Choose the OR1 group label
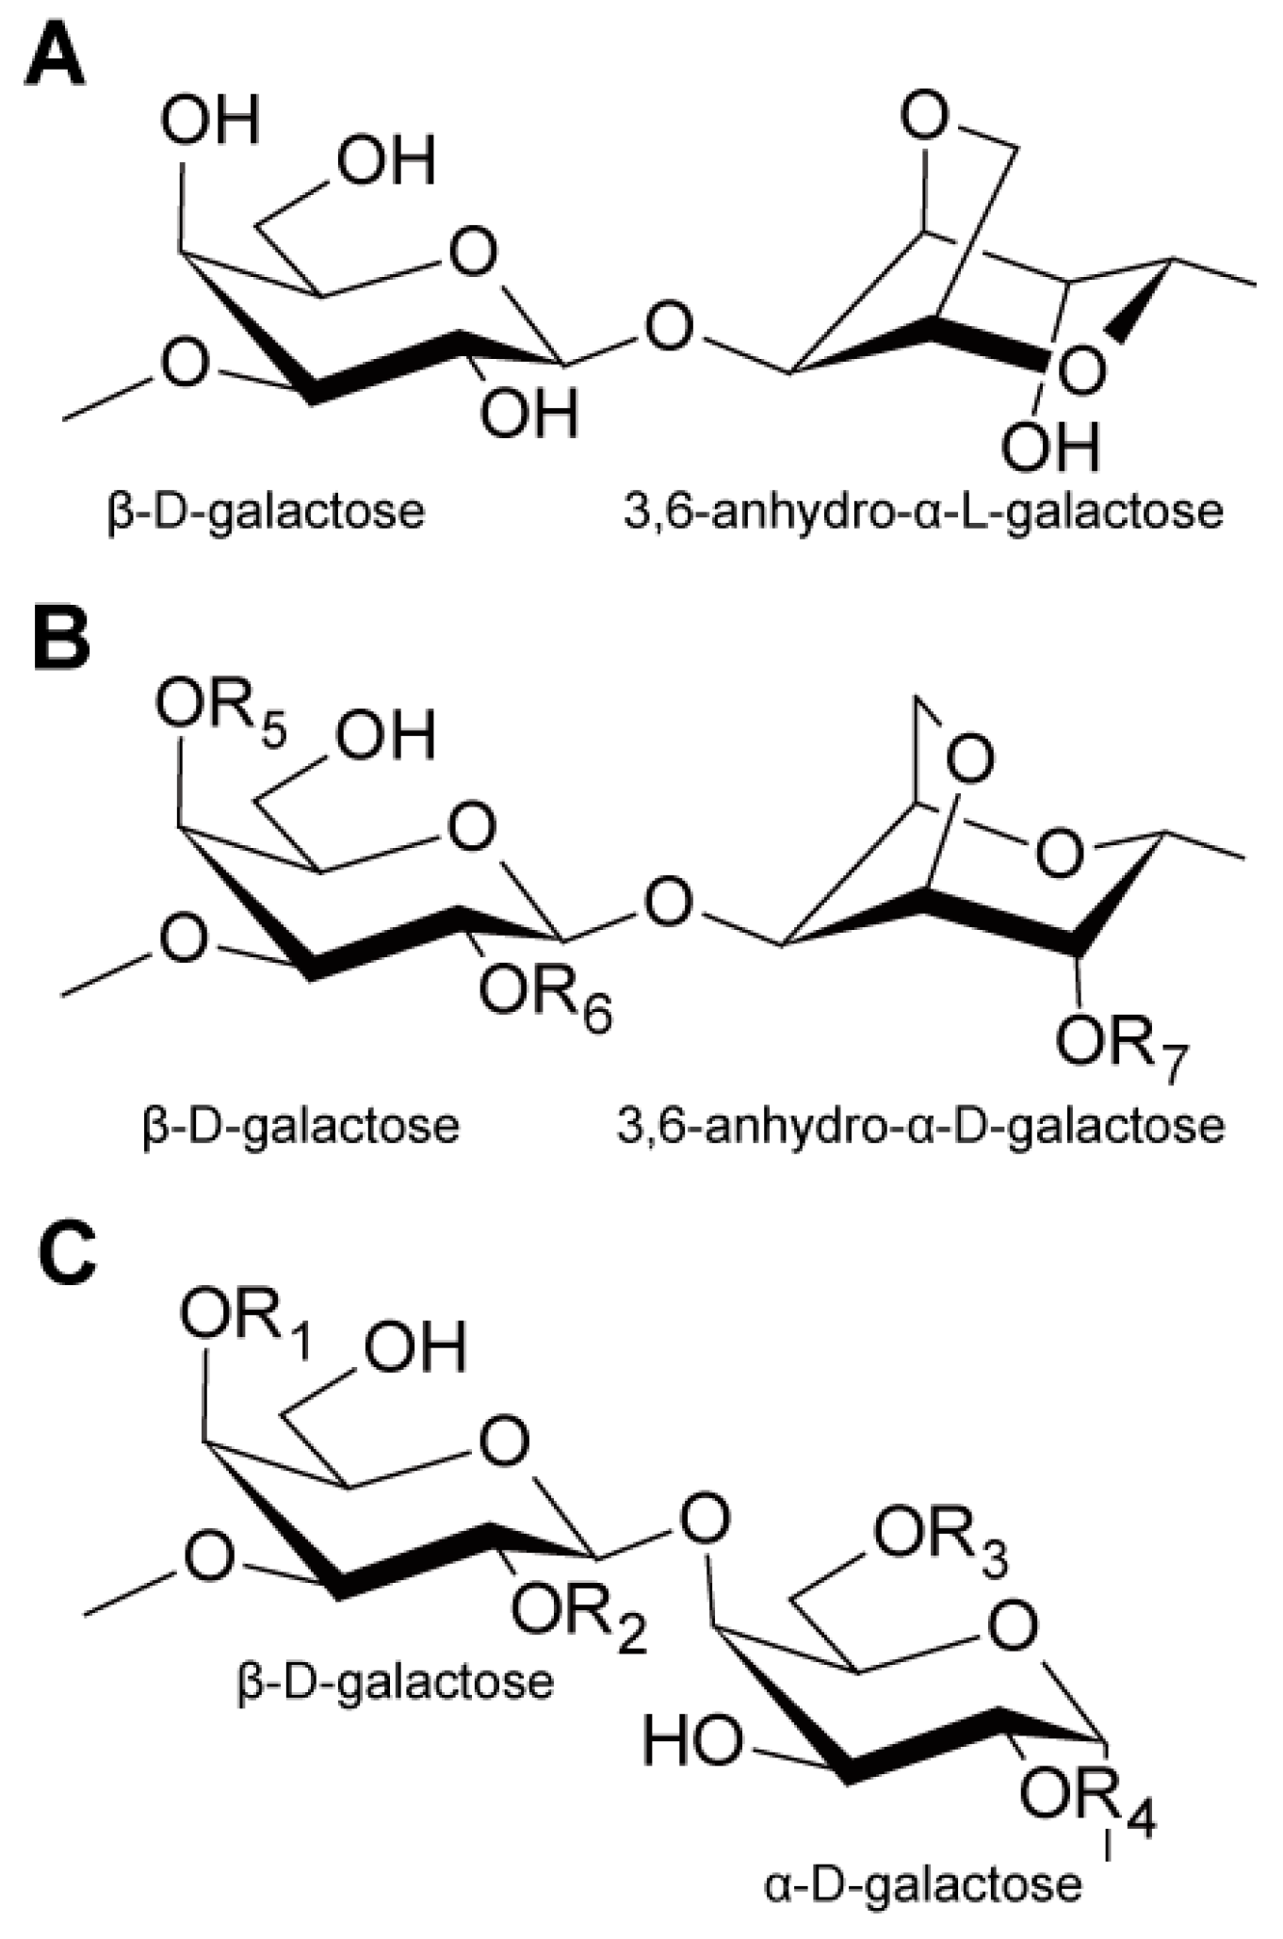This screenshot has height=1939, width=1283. [x=246, y=1323]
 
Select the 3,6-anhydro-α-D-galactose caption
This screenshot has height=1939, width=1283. [x=920, y=1125]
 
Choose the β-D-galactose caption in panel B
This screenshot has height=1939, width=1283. [x=300, y=1125]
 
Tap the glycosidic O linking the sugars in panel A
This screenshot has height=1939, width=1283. [x=670, y=329]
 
